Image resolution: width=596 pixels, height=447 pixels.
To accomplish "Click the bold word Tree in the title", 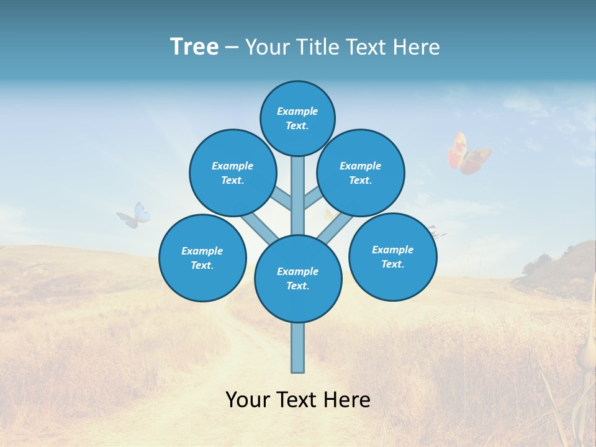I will [x=194, y=47].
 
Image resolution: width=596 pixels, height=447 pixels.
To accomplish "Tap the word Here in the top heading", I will [x=418, y=47].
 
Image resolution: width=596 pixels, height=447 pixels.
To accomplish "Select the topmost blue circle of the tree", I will [x=297, y=118].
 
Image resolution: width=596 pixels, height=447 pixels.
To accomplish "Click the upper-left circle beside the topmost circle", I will [x=233, y=173].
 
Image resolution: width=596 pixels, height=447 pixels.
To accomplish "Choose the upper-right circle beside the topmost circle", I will [x=361, y=173].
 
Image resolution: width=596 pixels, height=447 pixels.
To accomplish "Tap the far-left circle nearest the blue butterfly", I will [x=202, y=258].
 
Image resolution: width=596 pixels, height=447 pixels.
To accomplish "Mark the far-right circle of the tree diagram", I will [x=392, y=256].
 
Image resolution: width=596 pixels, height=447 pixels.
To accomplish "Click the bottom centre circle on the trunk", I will [x=298, y=279].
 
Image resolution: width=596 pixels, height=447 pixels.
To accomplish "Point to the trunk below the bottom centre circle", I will [x=298, y=348].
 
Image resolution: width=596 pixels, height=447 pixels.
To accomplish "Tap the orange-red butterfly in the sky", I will [x=468, y=153].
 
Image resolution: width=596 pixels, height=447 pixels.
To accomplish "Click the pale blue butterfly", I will [x=135, y=215].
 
